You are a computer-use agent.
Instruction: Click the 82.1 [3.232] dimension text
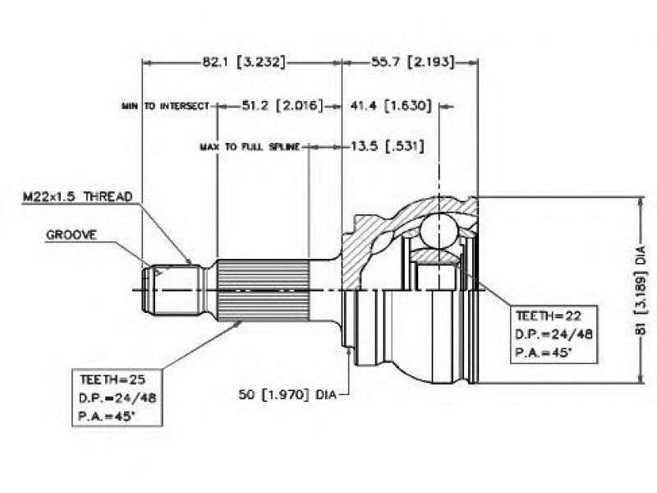coord(243,62)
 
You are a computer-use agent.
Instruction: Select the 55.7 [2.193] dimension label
coord(413,62)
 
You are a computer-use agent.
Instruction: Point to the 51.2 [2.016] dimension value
coord(283,106)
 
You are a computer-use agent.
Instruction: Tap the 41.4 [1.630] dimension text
coord(391,106)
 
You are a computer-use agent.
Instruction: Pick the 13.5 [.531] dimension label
coord(387,146)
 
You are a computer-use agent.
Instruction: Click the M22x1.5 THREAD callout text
coord(77,196)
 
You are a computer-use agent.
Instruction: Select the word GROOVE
coord(71,235)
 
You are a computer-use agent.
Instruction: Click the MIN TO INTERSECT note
coord(165,106)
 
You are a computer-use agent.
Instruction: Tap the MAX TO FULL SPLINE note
coord(250,147)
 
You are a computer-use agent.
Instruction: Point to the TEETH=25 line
coord(113,380)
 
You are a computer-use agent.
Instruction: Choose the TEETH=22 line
coord(549,316)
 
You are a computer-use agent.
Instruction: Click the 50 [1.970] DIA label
coord(287,394)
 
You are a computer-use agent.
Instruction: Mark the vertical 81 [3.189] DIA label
coord(641,291)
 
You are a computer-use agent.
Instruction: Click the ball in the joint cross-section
coord(439,231)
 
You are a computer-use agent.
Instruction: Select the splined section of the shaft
coord(263,290)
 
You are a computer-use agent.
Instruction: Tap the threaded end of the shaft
coord(171,289)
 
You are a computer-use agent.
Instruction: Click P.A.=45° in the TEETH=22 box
coord(543,352)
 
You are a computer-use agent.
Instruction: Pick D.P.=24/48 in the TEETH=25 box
coord(117,398)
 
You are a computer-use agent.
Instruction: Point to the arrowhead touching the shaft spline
coord(239,323)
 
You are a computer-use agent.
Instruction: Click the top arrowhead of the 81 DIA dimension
coord(640,201)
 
